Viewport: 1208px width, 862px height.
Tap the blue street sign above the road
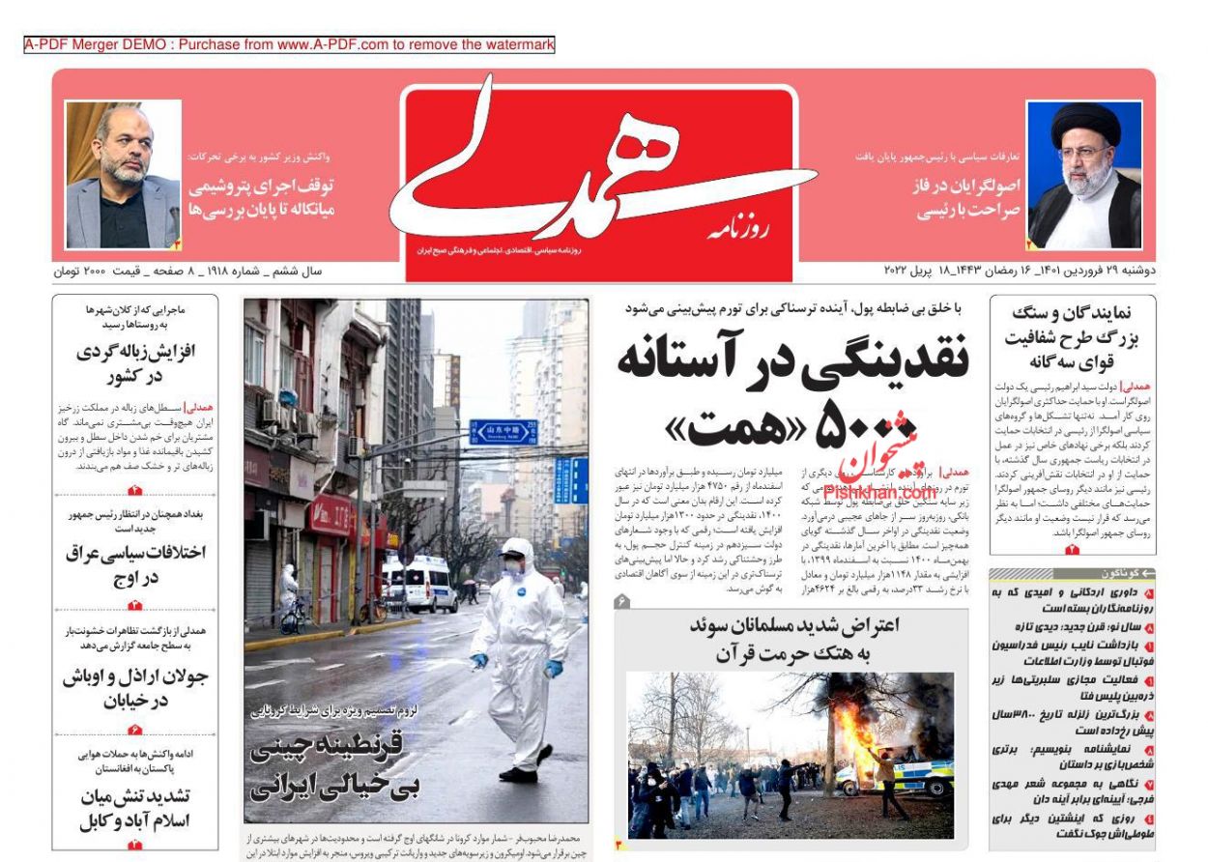click(x=503, y=431)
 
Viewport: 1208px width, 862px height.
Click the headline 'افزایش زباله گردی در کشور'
click(x=135, y=363)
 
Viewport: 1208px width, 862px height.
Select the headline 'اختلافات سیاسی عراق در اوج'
click(x=135, y=565)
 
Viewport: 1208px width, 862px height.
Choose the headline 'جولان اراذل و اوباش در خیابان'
click(x=135, y=688)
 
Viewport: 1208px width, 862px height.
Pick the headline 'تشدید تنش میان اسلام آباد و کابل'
click(x=135, y=810)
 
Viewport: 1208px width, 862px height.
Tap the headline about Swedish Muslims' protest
click(x=793, y=639)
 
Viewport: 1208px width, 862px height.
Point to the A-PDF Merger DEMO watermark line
click(x=289, y=44)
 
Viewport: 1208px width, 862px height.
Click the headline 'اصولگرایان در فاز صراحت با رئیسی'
click(x=966, y=198)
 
